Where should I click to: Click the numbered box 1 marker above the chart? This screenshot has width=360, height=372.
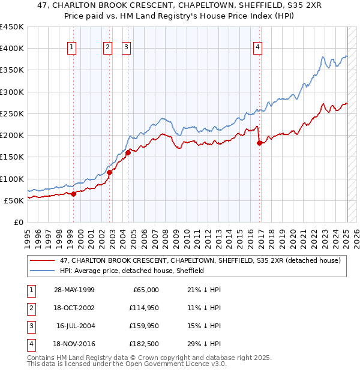coord(72,48)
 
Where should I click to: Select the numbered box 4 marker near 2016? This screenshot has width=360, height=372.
coord(257,48)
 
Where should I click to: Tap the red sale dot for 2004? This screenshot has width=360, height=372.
coord(128,153)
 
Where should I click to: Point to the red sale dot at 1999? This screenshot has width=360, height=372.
coord(73,194)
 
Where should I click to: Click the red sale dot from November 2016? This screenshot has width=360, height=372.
coord(259,143)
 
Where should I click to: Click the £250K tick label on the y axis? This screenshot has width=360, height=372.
coord(12,113)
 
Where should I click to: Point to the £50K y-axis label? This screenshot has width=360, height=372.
coord(14,200)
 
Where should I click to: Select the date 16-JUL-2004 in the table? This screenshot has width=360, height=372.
coord(76,326)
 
